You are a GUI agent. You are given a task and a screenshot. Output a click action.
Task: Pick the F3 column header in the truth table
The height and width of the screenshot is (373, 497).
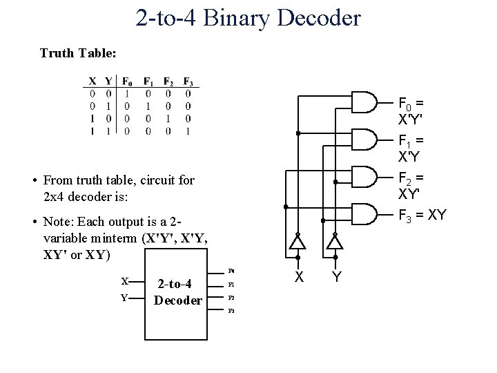[x=188, y=82]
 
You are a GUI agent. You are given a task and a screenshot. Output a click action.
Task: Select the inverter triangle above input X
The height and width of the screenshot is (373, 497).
[x=297, y=242]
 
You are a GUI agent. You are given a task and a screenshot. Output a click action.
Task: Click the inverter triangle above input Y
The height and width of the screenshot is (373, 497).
[x=335, y=242]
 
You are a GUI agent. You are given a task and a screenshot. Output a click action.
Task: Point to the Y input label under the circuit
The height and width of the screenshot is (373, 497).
[x=335, y=277]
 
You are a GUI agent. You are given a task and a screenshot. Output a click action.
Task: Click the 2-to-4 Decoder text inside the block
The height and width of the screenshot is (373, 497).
[x=177, y=291]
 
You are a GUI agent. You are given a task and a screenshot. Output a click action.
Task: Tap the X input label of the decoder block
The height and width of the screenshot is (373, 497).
[x=124, y=282]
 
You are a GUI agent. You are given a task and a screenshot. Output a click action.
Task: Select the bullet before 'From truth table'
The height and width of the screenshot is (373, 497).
[x=34, y=181]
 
